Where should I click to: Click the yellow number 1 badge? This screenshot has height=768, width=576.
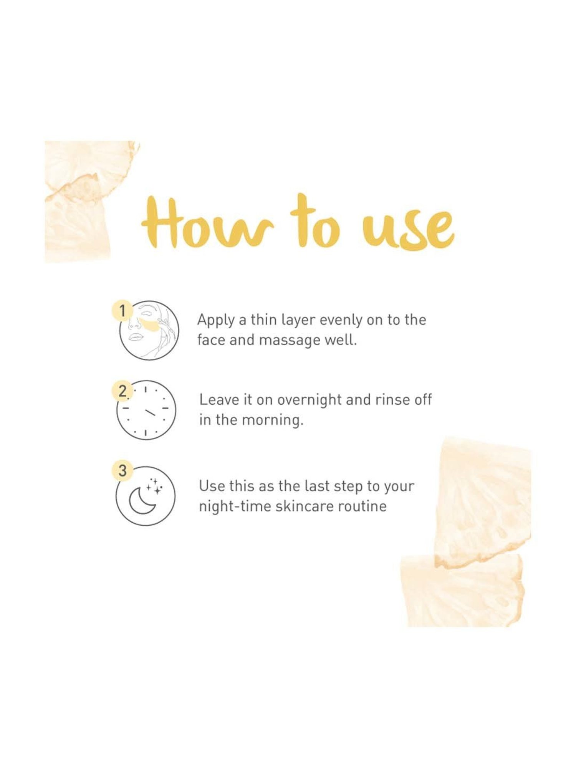point(122,310)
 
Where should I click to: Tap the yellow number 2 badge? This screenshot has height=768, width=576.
point(122,391)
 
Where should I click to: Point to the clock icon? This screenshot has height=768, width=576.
point(146,410)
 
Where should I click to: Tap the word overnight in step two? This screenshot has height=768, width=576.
point(309,400)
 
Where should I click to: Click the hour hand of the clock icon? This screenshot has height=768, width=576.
point(150,413)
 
